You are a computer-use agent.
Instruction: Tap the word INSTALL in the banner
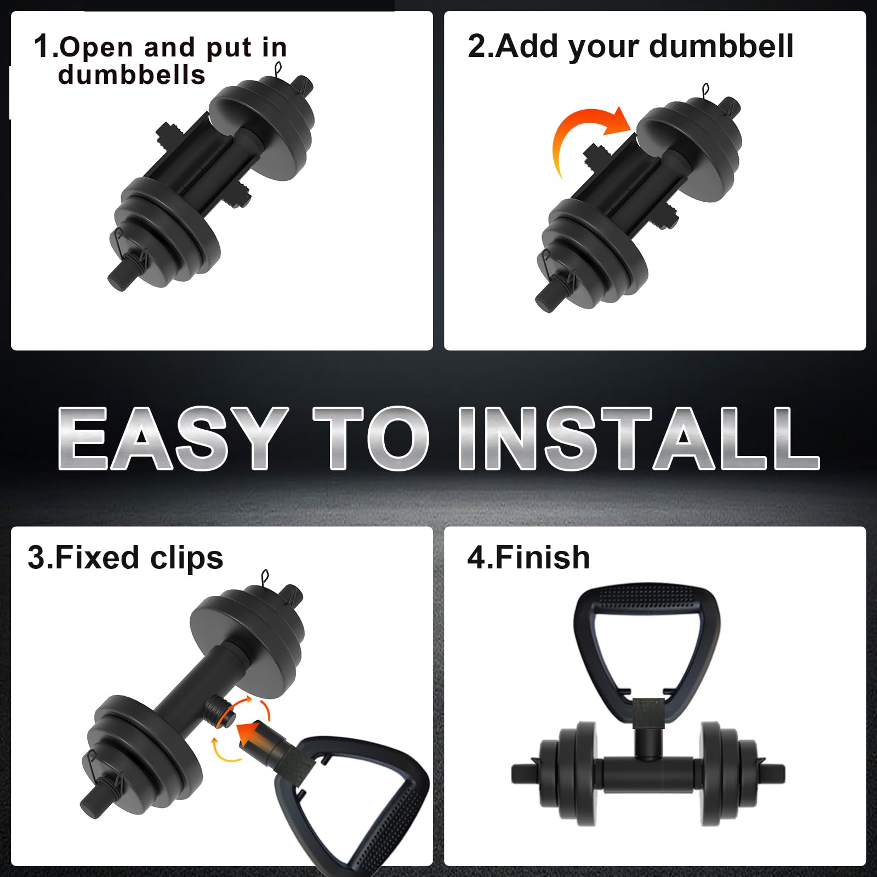[x=639, y=438]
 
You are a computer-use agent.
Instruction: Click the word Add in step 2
[x=528, y=46]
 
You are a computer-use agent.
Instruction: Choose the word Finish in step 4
[x=542, y=557]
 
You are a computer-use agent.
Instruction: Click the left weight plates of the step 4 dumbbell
[x=570, y=773]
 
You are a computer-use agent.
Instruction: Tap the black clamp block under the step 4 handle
[x=647, y=713]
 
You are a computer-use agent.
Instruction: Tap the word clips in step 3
[x=187, y=559]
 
